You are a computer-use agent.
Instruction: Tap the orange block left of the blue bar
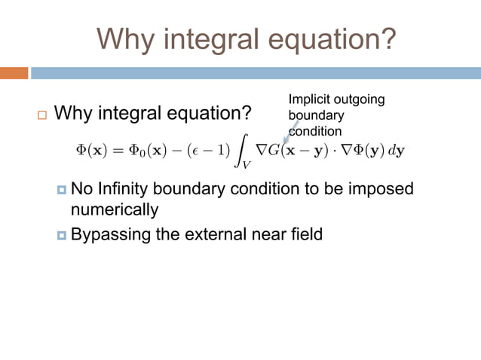[x=14, y=73]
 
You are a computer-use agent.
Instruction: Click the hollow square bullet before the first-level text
[x=41, y=115]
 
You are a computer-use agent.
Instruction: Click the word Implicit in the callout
[x=308, y=99]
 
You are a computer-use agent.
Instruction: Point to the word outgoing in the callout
[x=359, y=99]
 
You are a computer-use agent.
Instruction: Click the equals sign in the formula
[x=115, y=150]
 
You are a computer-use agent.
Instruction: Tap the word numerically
[x=115, y=208]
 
